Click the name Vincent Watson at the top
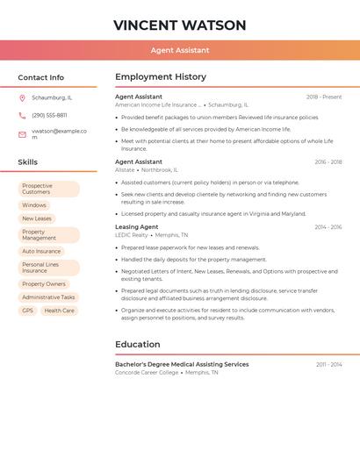point(179,25)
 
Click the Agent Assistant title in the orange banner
point(179,51)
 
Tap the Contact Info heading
point(40,77)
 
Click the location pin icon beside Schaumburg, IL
point(22,97)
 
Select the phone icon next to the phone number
point(22,116)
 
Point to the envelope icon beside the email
point(22,134)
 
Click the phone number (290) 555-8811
point(49,116)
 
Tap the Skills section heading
point(27,162)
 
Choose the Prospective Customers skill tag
point(48,189)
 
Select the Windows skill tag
point(34,205)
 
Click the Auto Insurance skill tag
point(41,251)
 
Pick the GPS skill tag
point(27,311)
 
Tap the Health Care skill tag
point(59,311)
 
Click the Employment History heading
point(161,77)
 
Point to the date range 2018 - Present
point(324,97)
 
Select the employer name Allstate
point(125,170)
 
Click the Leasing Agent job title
point(137,227)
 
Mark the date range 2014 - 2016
point(328,227)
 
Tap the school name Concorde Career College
point(147,373)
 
